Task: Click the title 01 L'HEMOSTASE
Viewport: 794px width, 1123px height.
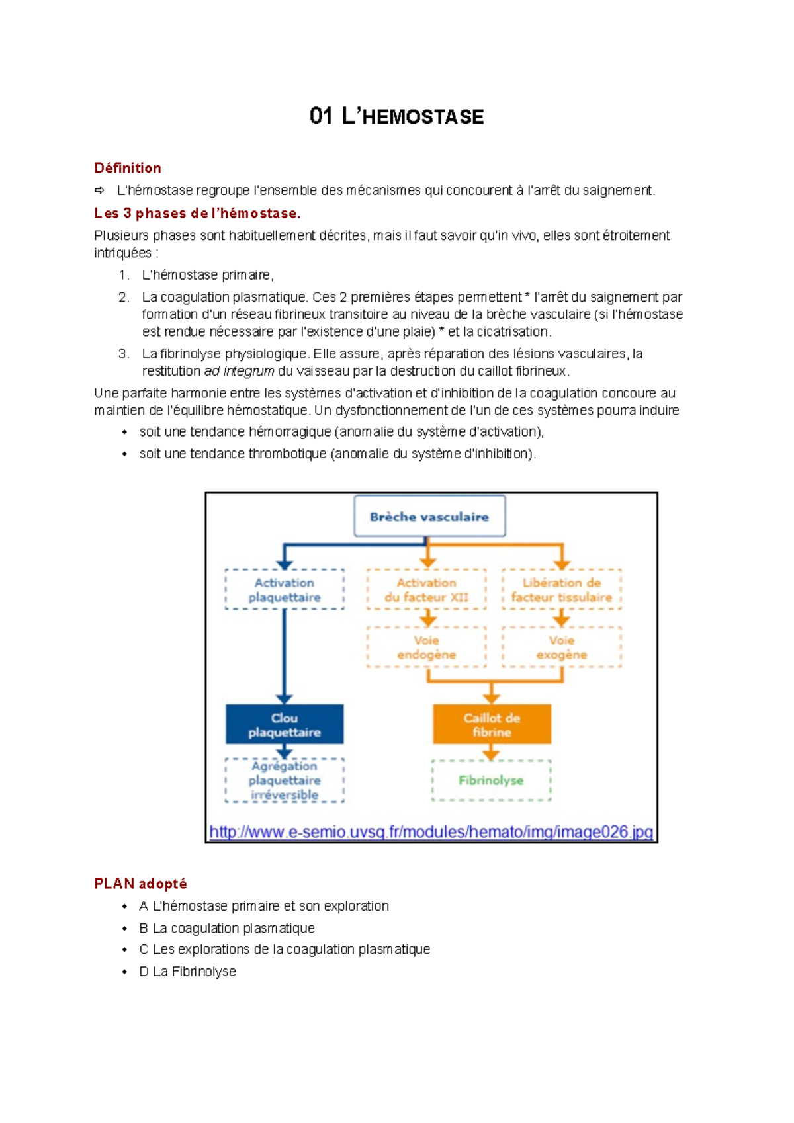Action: [396, 117]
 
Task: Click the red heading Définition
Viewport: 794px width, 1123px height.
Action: [128, 168]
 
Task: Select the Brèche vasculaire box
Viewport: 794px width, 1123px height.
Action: [429, 517]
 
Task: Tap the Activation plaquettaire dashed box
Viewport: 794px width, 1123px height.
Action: [285, 589]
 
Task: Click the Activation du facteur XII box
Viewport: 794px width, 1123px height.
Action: [426, 589]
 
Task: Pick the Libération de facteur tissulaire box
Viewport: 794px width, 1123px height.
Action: [561, 589]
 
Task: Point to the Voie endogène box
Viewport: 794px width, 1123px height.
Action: [426, 647]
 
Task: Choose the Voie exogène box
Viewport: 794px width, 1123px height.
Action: [561, 647]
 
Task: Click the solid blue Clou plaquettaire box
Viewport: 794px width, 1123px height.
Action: [285, 725]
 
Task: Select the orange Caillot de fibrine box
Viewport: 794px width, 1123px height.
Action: [492, 725]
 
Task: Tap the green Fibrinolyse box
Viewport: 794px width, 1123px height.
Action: [491, 780]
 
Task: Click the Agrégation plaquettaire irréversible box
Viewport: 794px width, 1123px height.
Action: [285, 780]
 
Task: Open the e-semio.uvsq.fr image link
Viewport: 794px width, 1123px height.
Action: [431, 832]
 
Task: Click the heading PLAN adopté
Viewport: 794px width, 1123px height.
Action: [140, 884]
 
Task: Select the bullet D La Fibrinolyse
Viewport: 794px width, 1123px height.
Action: [187, 972]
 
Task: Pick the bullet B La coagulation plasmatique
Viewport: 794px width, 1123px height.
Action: [227, 928]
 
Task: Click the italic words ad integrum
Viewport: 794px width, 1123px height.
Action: [239, 371]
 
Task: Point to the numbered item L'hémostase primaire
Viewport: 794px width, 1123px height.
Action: [207, 275]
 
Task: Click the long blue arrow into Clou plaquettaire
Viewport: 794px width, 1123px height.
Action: [285, 655]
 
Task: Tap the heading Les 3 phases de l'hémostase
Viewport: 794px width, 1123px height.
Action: [197, 213]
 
